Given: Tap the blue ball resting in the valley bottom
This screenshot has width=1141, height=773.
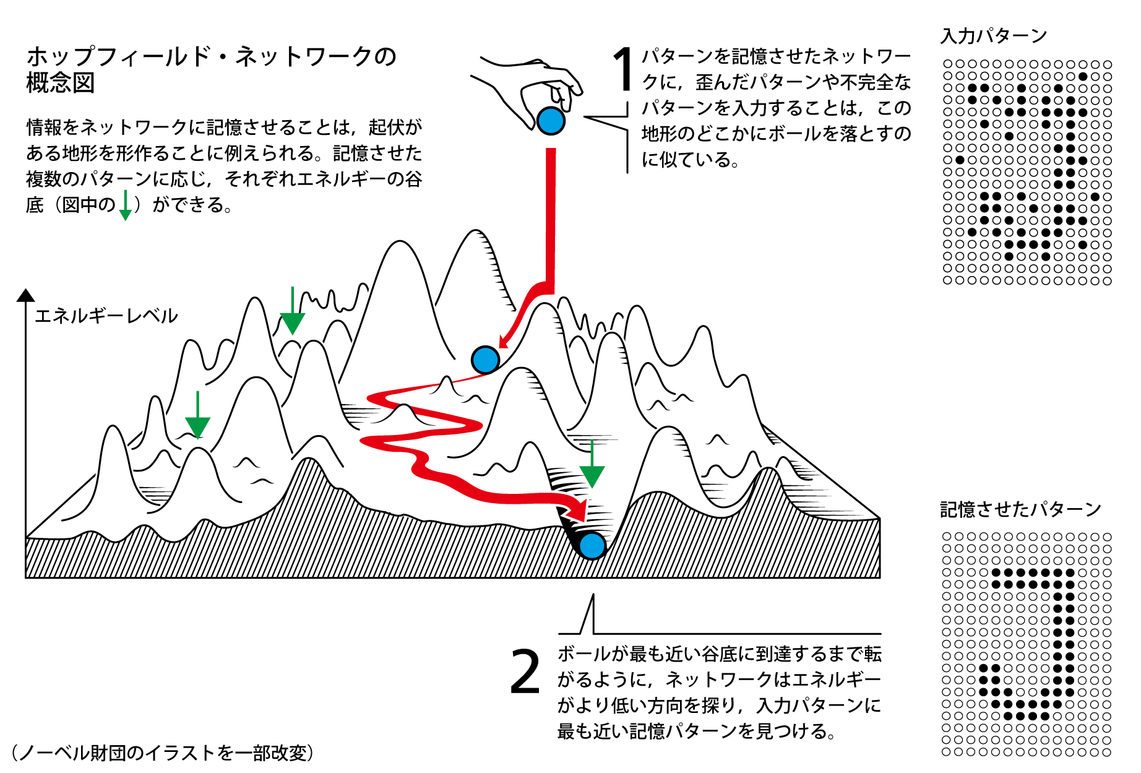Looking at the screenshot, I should tap(592, 545).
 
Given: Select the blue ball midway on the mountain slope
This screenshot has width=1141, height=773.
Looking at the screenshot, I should tap(485, 359).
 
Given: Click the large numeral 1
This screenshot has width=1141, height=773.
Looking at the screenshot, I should tap(622, 69).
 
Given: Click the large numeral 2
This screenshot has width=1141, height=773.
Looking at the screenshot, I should tap(525, 672).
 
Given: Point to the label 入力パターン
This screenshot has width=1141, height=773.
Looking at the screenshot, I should tap(993, 36).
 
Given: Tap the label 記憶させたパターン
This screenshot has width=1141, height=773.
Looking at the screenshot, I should tap(1020, 509).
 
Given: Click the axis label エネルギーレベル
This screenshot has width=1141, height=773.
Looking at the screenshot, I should tap(106, 316).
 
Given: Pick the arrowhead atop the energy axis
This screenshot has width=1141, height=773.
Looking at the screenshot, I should tap(25, 295).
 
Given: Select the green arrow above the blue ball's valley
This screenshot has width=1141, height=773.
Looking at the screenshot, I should tap(592, 464).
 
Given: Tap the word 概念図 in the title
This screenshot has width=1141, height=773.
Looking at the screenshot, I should tap(61, 83).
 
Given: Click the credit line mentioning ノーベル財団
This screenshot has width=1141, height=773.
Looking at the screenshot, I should tap(163, 753).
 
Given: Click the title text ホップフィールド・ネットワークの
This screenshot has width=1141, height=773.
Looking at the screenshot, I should tap(211, 56).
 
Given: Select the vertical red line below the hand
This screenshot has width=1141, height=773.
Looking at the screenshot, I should tap(550, 217).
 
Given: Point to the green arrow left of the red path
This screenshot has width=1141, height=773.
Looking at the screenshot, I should tap(197, 415).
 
